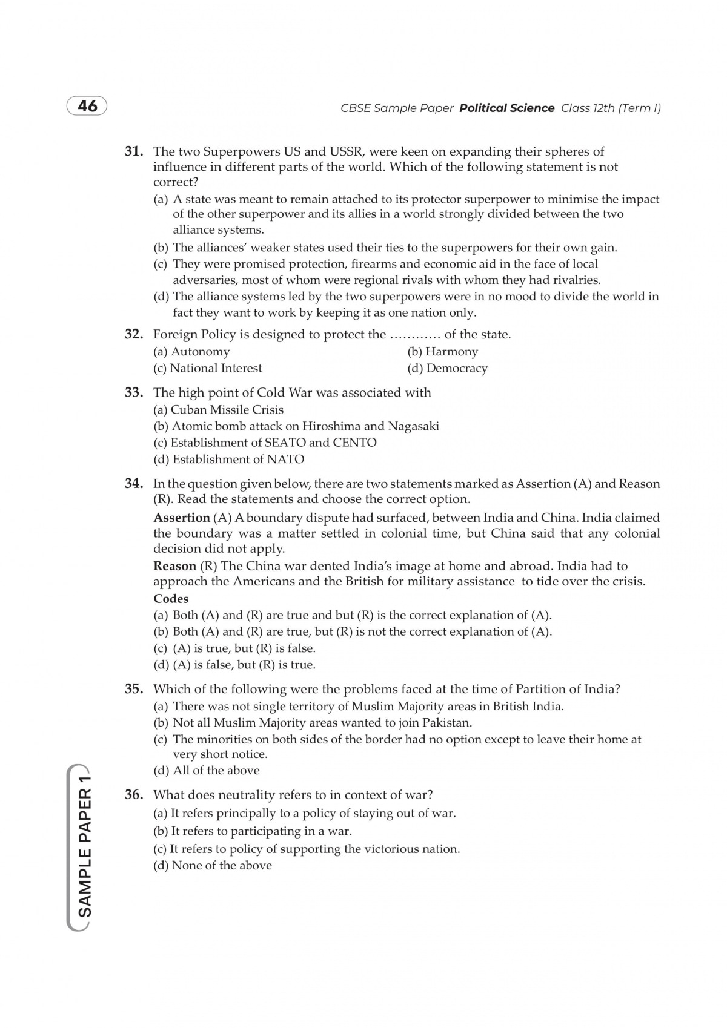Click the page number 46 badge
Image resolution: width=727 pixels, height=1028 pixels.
pos(87,106)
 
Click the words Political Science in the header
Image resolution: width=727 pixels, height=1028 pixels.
pos(506,108)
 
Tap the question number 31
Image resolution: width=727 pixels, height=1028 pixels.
pos(133,151)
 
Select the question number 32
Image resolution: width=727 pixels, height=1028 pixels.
pos(133,334)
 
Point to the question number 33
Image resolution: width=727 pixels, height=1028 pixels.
pos(133,392)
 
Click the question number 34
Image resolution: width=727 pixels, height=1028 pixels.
pos(133,484)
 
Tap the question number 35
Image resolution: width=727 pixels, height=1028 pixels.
pos(133,689)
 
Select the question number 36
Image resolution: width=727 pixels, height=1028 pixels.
pos(133,795)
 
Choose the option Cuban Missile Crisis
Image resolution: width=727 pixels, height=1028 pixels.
pos(219,409)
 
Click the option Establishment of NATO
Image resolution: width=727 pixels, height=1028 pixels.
pos(229,459)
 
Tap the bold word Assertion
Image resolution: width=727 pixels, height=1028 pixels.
pos(182,518)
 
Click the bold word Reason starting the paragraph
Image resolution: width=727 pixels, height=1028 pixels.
pos(175,566)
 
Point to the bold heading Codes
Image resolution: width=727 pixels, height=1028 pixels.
pos(171,599)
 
